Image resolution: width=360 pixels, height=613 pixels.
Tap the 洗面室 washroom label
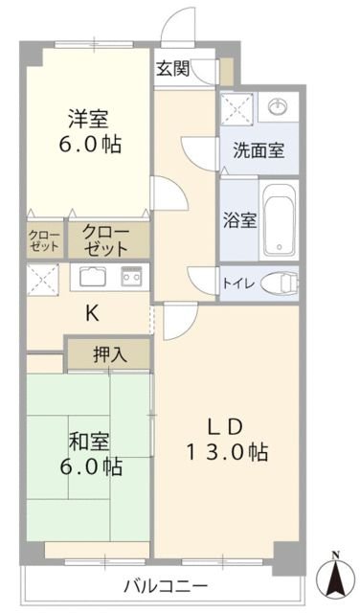[258, 150]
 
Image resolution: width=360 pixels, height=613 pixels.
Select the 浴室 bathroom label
[239, 219]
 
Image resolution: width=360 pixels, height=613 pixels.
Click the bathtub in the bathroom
[279, 219]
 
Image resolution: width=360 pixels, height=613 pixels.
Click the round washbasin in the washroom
[278, 104]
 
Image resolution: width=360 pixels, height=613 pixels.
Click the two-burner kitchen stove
[131, 278]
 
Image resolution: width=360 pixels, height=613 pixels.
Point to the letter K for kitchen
[92, 313]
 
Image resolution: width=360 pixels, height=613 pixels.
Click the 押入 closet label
[108, 354]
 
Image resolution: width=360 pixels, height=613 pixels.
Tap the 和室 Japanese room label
[89, 442]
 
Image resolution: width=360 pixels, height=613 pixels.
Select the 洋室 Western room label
[87, 120]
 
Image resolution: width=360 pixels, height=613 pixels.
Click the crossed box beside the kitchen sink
[44, 278]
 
